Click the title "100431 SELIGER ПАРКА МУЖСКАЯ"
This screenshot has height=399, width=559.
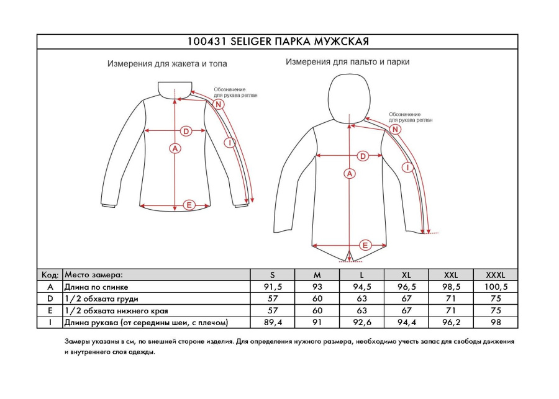pos(278,42)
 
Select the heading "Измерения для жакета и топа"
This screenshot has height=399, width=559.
pos(167,64)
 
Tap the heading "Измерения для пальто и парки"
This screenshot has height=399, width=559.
pos(347,62)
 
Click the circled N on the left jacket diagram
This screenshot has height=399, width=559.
pos(219,104)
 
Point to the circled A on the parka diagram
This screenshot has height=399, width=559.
pos(350,174)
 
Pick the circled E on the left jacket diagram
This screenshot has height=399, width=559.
pos(190,205)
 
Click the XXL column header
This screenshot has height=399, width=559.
pos(451,275)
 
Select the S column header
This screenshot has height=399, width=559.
pos(272,275)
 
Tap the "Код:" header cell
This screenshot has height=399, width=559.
pos(50,275)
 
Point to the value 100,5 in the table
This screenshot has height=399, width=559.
pos(496,287)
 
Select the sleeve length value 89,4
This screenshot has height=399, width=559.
pos(272,323)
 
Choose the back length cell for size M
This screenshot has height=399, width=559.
pos(317,287)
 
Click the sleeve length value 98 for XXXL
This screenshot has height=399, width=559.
pos(496,323)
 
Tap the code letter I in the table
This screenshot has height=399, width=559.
pos(50,323)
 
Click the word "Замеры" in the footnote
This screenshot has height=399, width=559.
pos(77,342)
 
